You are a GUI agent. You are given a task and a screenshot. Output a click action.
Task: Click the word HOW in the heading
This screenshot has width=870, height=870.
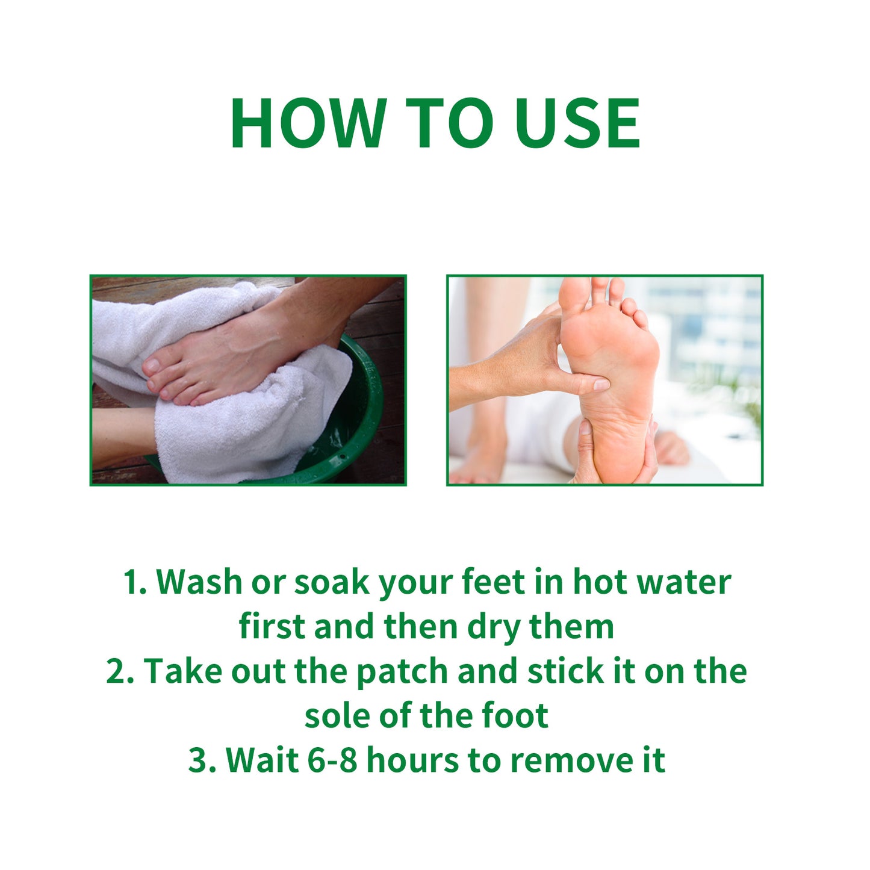tap(308, 123)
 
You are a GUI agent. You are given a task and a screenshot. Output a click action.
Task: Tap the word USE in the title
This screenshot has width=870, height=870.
tap(577, 123)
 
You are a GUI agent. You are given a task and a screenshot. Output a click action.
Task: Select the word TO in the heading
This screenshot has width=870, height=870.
tap(449, 123)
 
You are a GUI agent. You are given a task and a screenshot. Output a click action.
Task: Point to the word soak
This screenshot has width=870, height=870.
tap(331, 582)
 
